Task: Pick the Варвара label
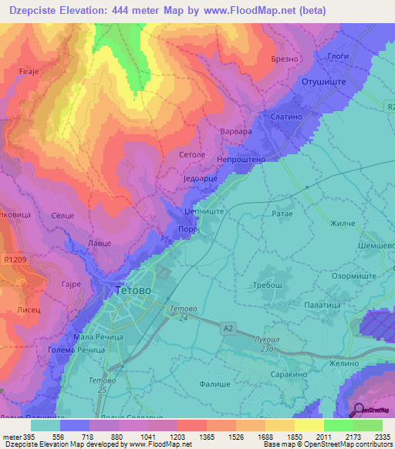tap(236, 132)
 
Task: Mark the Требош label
tap(269, 285)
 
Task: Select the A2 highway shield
tap(228, 328)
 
